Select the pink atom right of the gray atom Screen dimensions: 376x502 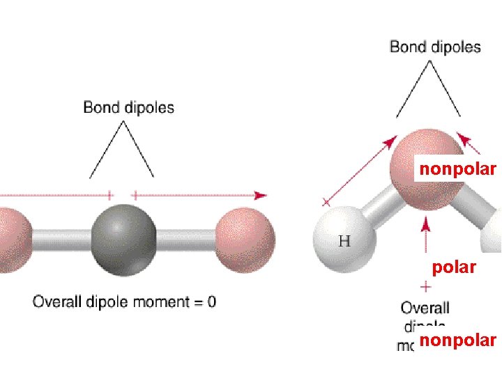point(245,238)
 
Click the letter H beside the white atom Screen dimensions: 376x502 point(344,242)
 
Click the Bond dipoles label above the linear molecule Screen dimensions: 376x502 point(128,107)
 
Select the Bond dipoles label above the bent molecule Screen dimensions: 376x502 point(435,47)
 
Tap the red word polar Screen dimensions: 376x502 point(454,267)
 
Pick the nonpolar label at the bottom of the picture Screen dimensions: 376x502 point(457,340)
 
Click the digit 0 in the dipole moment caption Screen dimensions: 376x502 point(211,302)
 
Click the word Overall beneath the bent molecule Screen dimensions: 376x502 point(425,308)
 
